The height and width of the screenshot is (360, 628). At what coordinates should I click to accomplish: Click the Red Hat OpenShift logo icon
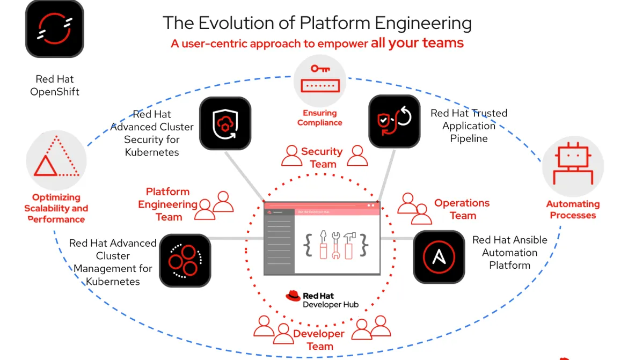click(x=54, y=28)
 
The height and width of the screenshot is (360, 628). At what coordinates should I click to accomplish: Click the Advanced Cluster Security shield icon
click(x=225, y=123)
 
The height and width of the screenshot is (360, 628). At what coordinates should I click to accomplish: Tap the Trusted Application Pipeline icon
click(x=393, y=121)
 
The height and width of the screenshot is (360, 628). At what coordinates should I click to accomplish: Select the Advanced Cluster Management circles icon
click(x=185, y=260)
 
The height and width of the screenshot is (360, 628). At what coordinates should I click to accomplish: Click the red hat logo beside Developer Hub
click(x=293, y=296)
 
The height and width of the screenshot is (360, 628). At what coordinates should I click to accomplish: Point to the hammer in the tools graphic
click(x=348, y=244)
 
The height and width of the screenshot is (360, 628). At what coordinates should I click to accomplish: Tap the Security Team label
click(x=322, y=158)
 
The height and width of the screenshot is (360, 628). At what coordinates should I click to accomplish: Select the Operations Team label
click(x=462, y=209)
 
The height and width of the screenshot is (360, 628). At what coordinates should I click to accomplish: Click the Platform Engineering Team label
click(x=168, y=204)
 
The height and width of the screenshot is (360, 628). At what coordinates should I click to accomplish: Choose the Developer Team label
click(x=319, y=340)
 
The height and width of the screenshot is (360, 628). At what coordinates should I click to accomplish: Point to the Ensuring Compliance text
click(x=319, y=117)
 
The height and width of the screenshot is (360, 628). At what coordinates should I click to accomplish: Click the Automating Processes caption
click(x=573, y=210)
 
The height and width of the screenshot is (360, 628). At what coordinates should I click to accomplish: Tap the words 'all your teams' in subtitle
click(x=417, y=43)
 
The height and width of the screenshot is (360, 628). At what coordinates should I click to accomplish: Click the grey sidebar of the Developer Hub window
click(x=279, y=241)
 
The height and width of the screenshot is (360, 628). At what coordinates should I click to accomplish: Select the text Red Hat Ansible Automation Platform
click(x=509, y=252)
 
